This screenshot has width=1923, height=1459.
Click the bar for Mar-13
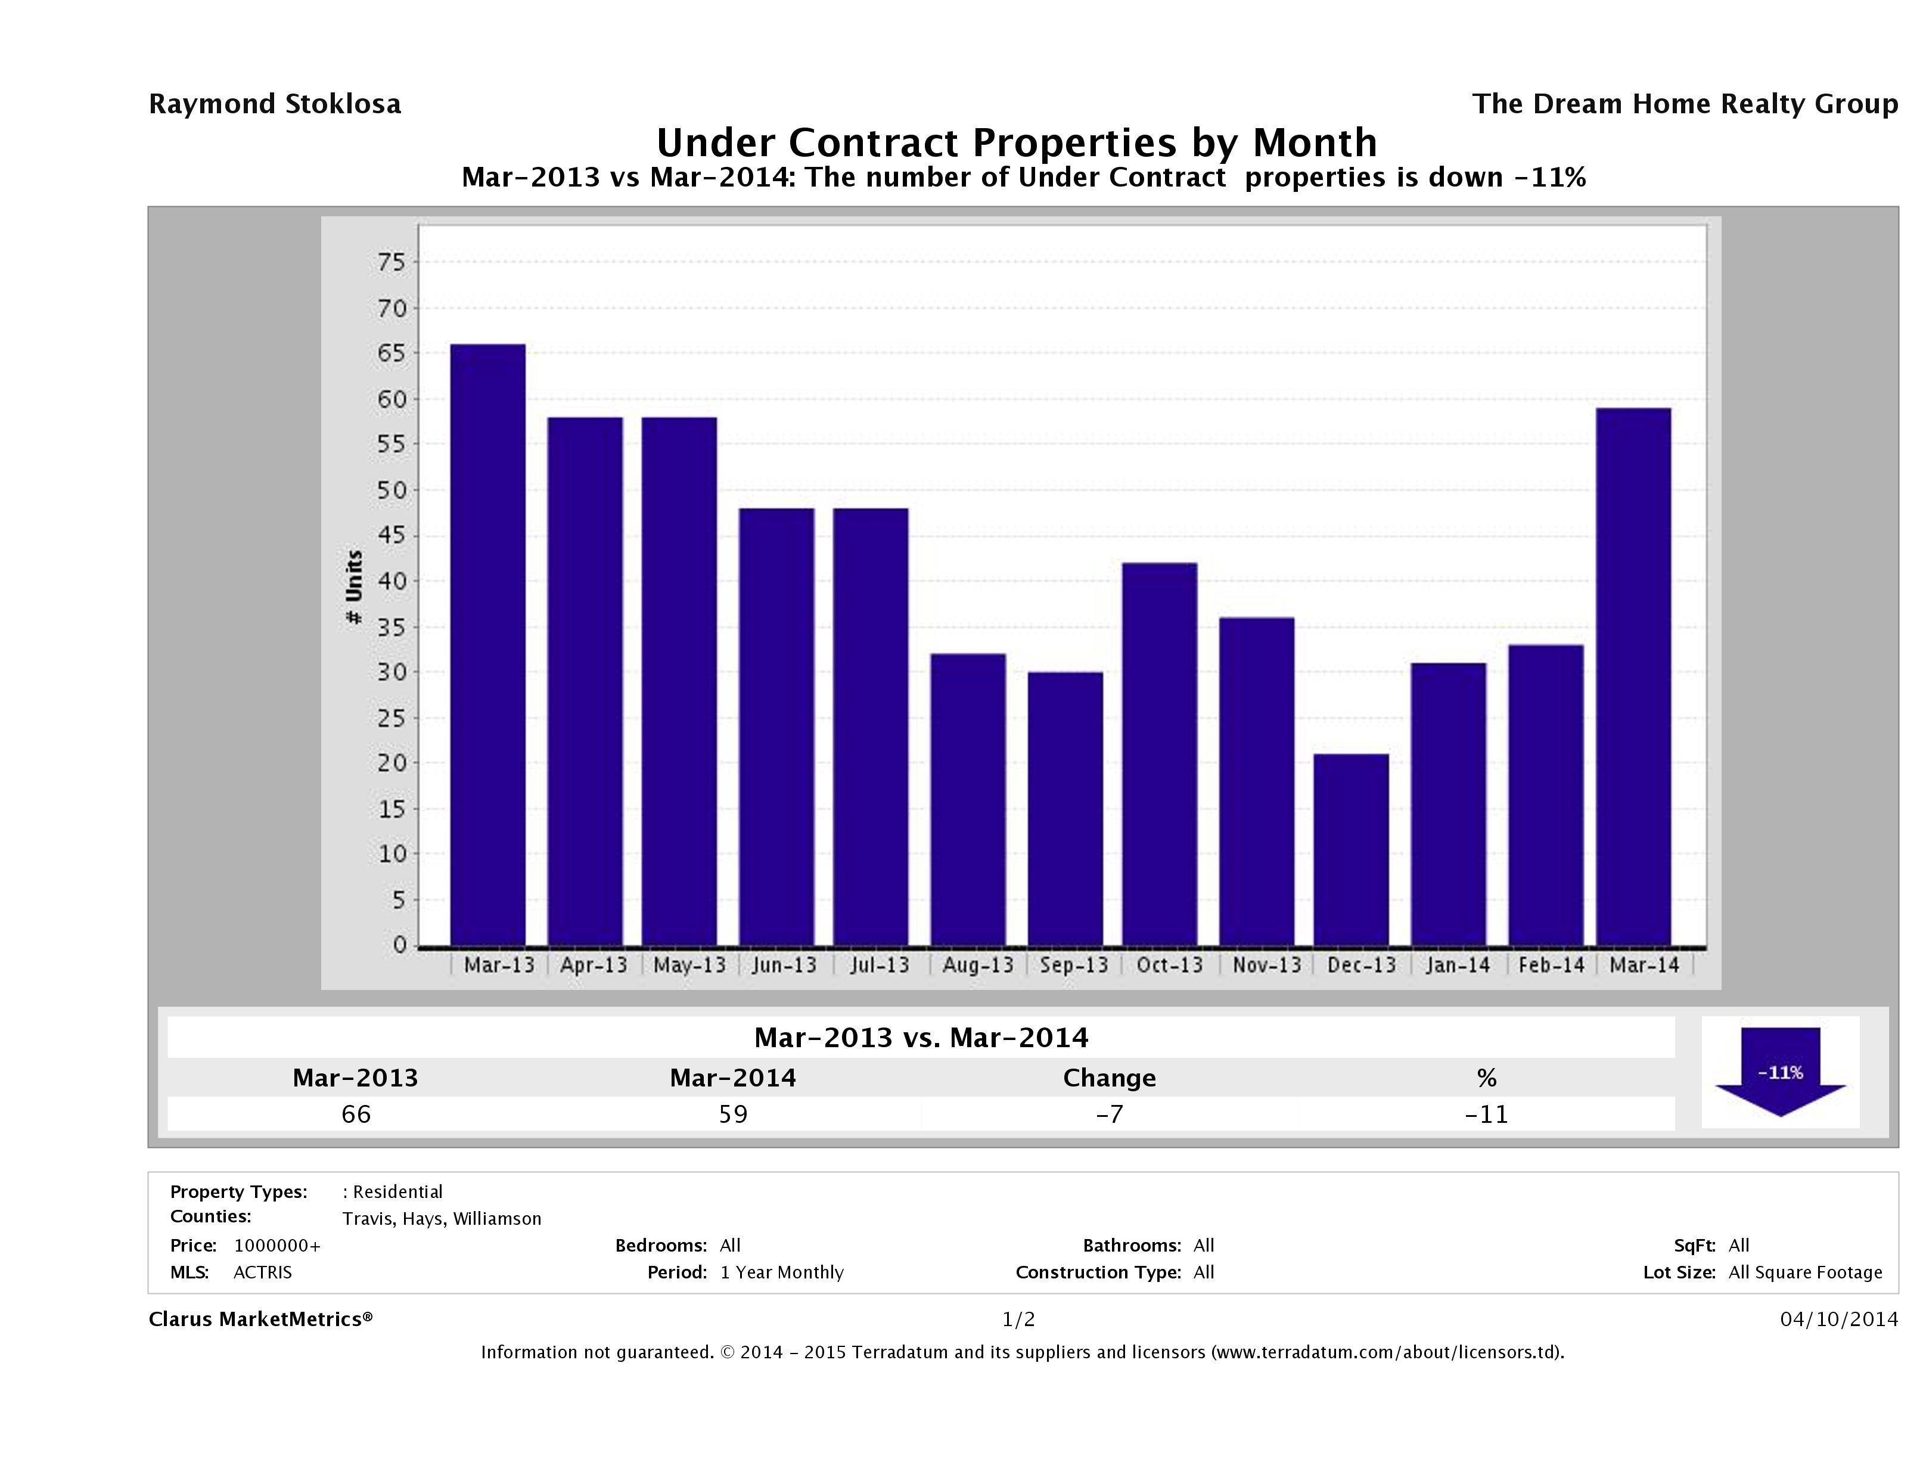487,644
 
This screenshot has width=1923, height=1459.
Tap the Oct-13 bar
1160,754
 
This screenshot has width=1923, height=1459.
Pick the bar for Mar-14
1633,676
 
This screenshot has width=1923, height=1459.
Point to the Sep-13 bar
1065,809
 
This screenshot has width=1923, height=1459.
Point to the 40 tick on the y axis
392,581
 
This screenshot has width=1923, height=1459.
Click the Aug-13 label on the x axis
978,965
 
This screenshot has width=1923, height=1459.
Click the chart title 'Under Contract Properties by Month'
1016,142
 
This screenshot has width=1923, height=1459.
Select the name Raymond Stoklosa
275,104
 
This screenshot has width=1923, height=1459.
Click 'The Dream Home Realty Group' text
1685,104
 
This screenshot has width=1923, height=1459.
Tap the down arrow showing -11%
1779,1072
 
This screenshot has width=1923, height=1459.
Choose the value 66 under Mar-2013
356,1114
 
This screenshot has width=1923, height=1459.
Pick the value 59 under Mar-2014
733,1114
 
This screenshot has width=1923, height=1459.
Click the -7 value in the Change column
1110,1114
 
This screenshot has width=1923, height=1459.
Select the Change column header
1110,1078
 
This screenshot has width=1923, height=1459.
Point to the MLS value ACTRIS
263,1272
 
